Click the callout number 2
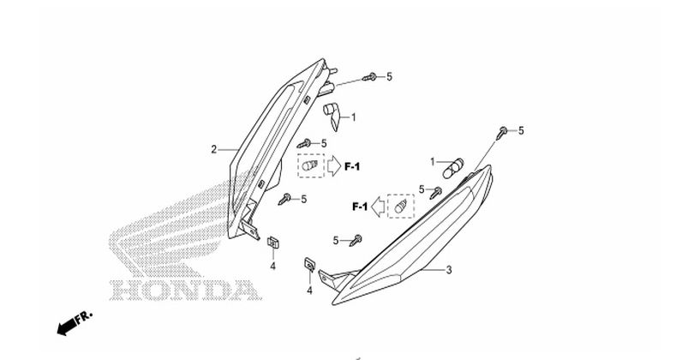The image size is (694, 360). click(214, 149)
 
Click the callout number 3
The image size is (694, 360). click(448, 269)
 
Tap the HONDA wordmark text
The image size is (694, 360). click(184, 291)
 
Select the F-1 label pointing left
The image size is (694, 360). click(360, 207)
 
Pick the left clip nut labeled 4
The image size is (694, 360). click(272, 243)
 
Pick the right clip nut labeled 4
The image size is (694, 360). click(310, 265)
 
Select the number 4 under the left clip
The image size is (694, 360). click(272, 267)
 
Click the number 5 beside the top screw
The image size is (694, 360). click(389, 77)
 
